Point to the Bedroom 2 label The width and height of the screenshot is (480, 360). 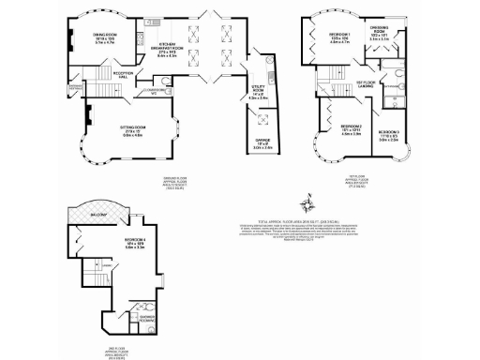[351, 127]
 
